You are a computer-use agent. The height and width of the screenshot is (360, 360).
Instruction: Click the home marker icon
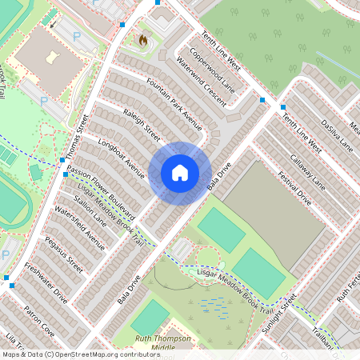[180, 172]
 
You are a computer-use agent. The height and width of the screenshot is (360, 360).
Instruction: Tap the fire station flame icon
[143, 39]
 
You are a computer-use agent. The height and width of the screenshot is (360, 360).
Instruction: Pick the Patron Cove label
[38, 318]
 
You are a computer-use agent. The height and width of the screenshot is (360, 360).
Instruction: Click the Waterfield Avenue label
[80, 230]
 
